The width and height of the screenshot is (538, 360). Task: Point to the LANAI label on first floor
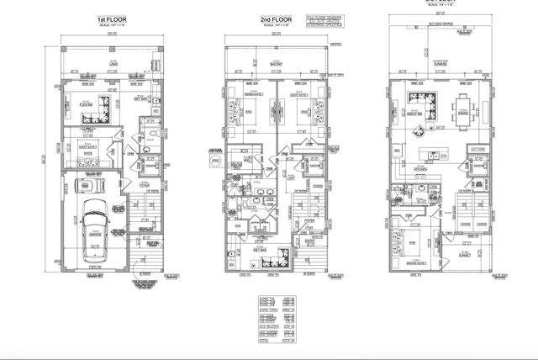[113, 64]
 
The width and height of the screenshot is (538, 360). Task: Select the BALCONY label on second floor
[274, 64]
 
